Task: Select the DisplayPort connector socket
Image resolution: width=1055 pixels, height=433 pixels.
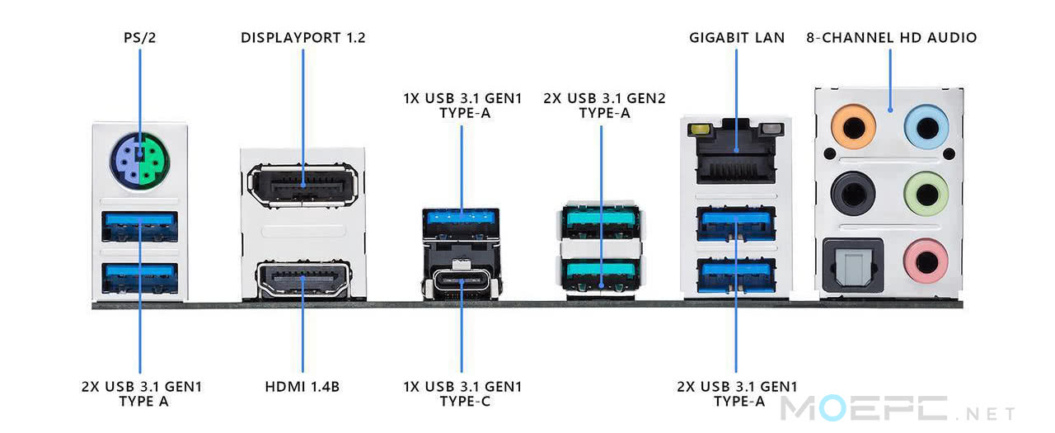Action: tap(302, 183)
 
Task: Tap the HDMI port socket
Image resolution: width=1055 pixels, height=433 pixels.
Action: tap(302, 280)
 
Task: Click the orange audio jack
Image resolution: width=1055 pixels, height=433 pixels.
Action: tap(852, 128)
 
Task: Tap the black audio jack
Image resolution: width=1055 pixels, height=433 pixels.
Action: tap(852, 195)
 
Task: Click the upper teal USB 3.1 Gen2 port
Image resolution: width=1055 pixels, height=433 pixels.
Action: tap(600, 221)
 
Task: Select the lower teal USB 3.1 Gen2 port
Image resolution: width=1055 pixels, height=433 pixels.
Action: tap(600, 270)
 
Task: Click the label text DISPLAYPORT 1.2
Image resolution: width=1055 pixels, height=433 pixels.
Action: tap(302, 38)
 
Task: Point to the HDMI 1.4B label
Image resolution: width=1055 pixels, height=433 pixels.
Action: tap(302, 386)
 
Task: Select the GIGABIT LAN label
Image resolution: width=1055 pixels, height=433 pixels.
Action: tap(736, 38)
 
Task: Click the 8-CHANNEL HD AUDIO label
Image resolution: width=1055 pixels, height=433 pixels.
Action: tap(891, 38)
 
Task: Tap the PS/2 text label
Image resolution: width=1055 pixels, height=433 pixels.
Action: tap(139, 38)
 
